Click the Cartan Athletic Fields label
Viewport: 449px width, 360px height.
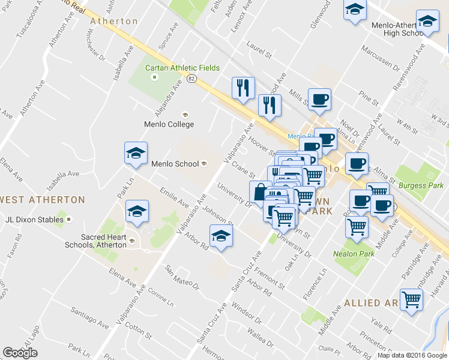(182, 68)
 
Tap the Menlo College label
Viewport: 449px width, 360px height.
(169, 124)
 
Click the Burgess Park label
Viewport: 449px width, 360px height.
(421, 186)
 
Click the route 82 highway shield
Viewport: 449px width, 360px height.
(191, 79)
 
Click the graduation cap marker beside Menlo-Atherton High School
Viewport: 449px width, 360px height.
(427, 22)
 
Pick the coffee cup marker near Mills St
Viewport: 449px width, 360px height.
(319, 100)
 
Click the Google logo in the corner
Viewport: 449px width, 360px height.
(20, 353)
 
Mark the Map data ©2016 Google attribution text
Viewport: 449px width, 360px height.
(412, 355)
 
